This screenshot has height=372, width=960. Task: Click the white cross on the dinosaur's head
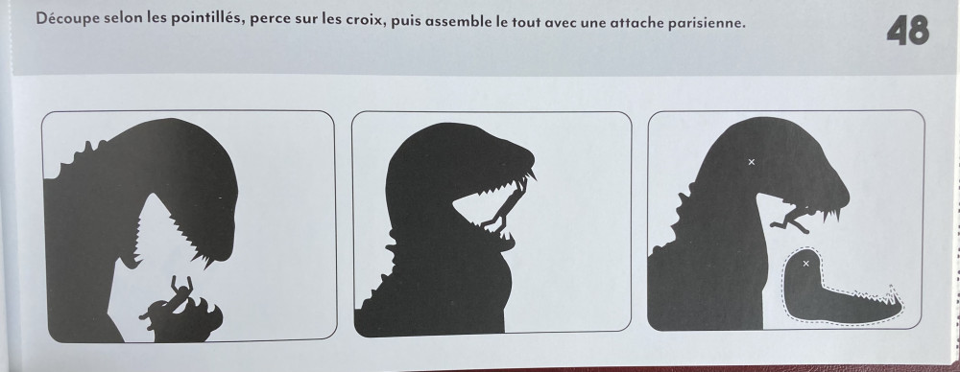pos(752,162)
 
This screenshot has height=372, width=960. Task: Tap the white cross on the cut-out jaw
pos(805,263)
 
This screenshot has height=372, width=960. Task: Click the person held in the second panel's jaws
pos(503,208)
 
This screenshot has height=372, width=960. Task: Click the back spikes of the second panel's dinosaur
pos(387,269)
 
